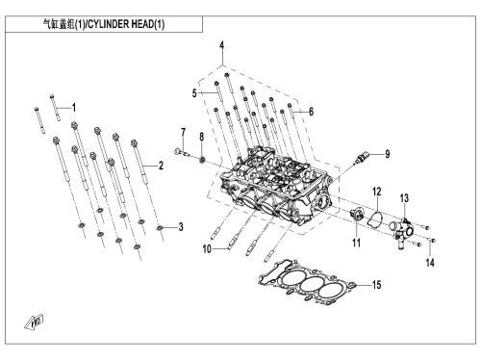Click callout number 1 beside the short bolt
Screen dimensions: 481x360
(74, 108)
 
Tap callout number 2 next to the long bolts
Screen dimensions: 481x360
(161, 166)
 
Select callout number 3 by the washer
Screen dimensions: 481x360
(181, 227)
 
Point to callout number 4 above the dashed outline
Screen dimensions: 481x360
(221, 45)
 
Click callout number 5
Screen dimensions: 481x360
(194, 93)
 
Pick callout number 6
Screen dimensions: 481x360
(311, 112)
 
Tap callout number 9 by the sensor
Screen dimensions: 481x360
(388, 154)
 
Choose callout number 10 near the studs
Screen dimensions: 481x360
(207, 248)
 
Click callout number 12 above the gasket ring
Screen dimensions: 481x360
(377, 192)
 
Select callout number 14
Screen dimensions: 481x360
(430, 263)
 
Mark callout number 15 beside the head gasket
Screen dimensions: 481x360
(376, 285)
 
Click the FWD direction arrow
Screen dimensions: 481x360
(34, 322)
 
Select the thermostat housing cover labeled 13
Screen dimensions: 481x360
(401, 230)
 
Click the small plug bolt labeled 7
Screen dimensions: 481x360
(180, 152)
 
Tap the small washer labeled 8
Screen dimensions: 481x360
(202, 159)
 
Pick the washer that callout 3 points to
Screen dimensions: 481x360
(160, 228)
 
